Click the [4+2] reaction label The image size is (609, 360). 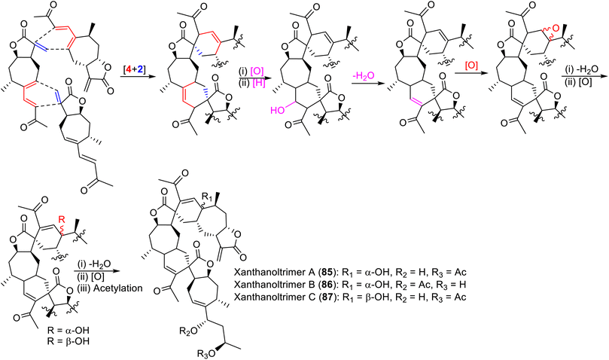(133, 70)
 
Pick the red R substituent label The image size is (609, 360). (61, 219)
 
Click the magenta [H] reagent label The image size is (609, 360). (259, 83)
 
